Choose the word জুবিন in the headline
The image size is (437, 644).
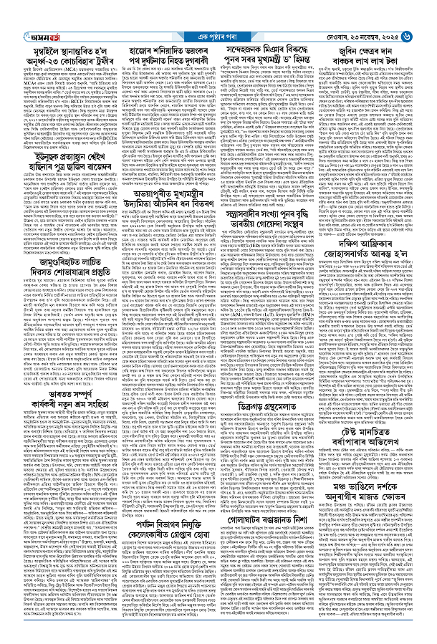360,32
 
